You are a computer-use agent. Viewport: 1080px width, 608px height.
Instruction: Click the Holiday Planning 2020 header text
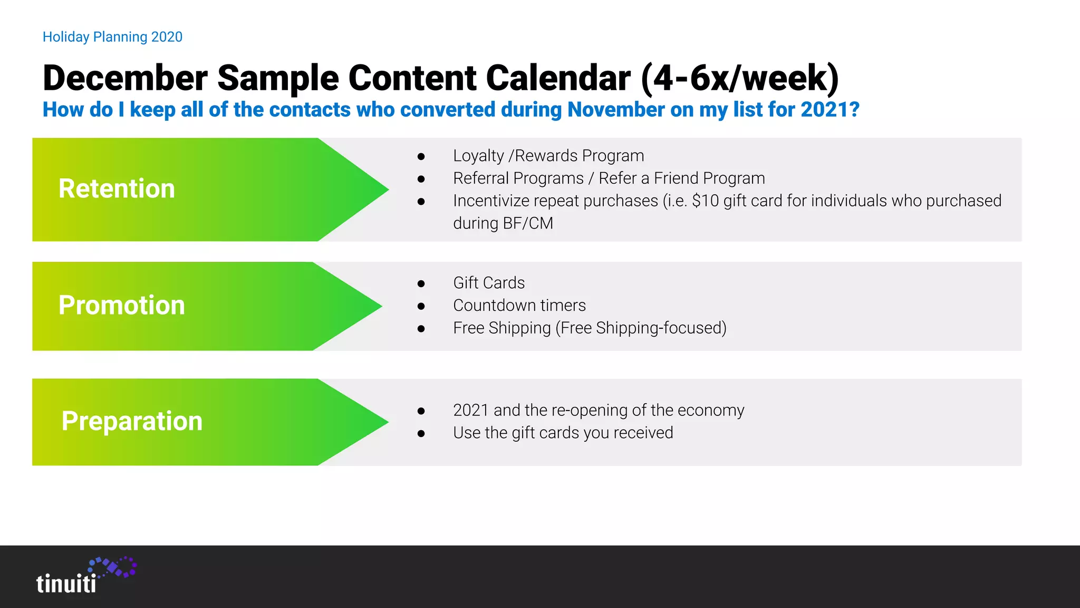112,37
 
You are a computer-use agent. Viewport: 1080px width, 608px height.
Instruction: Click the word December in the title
125,78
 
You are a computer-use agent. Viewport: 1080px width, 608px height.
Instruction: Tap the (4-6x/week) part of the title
739,78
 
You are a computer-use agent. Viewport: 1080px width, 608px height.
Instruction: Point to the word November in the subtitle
615,110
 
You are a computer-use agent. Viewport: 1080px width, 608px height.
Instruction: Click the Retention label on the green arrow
117,189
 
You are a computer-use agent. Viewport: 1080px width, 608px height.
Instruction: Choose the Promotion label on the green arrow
122,306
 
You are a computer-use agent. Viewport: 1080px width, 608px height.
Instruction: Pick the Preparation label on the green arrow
132,421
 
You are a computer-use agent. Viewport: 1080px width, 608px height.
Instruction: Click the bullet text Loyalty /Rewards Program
548,156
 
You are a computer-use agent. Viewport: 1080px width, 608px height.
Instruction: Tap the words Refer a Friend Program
681,178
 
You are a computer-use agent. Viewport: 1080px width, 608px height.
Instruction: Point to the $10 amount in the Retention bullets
705,201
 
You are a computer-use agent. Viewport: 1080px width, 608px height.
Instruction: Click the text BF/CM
528,223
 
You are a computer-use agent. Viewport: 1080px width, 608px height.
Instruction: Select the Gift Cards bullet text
489,283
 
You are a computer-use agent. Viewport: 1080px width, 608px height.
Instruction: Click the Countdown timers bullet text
519,306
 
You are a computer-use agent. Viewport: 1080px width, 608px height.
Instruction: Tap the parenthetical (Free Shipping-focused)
641,328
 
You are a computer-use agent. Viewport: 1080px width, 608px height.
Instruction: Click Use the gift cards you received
563,433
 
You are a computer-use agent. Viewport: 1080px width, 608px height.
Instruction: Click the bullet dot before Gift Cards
421,283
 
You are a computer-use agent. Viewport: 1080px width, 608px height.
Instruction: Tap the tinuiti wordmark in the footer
66,584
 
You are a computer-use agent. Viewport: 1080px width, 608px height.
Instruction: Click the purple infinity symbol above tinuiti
113,567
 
